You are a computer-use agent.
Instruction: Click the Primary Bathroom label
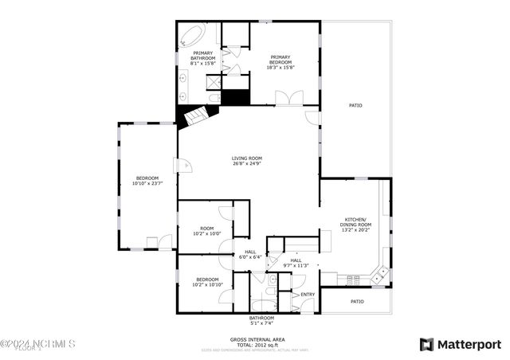tap(202, 57)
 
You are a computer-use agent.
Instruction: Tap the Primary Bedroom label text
tap(280, 62)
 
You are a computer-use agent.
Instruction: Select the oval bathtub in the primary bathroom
tap(193, 34)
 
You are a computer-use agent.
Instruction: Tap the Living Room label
tap(247, 161)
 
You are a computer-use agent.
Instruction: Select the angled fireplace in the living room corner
tap(195, 118)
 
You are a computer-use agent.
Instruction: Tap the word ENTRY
tap(308, 295)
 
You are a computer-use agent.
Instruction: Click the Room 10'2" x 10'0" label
tap(206, 231)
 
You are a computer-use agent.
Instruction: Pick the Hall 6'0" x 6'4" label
tap(250, 255)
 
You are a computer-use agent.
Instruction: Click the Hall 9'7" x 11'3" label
tap(296, 263)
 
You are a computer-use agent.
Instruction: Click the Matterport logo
tap(460, 344)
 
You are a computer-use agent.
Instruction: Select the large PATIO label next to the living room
tap(356, 105)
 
